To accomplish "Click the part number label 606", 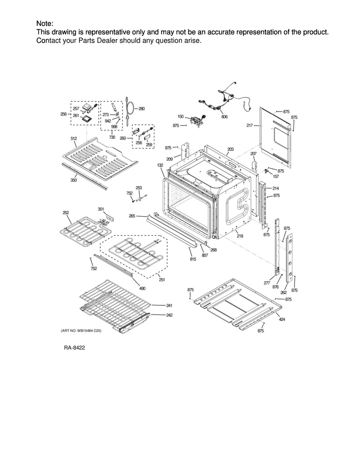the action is coord(224,117).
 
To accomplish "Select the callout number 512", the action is coord(73,138).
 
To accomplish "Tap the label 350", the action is coord(73,180).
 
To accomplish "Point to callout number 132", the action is coord(160,165).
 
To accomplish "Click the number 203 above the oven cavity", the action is coord(230,149).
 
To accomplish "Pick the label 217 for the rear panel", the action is coord(250,126).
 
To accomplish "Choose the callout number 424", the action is coord(282,319).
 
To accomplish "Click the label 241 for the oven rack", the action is coord(169,305).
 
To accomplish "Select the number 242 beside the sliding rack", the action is coord(169,315).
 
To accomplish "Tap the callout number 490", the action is coord(142,288).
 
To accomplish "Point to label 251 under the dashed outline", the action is coord(162,279).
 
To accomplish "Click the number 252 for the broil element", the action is coord(66,213).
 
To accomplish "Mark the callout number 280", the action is coord(142,109).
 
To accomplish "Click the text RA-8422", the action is coord(75,347).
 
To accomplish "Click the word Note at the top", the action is coord(44,24).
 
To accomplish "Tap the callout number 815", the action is coord(193,259).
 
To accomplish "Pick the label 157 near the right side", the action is coord(275,177).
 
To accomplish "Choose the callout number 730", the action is coord(112,137).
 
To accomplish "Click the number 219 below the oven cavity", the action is coord(239,236).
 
